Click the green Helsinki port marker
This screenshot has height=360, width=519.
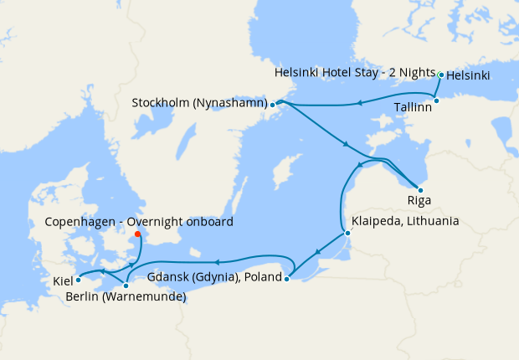coord(441,75)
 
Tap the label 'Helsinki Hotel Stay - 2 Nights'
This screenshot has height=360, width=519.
coord(356,74)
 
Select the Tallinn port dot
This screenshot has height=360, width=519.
coord(436,100)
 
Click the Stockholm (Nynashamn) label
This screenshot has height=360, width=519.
coord(199,104)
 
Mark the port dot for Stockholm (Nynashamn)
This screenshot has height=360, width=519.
coord(273,105)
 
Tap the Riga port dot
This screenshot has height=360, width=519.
coord(419,190)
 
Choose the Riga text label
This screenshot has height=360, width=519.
coord(419,201)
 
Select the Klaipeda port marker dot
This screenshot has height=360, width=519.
coord(347,233)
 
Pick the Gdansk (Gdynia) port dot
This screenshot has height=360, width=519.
coord(287,280)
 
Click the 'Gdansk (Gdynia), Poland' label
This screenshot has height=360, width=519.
coord(215,276)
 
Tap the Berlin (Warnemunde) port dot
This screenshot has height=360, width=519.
coord(126,286)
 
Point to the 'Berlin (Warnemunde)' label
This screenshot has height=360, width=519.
coord(126,297)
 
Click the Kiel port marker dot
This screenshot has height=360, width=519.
coord(78,280)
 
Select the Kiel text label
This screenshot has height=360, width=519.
coord(63,281)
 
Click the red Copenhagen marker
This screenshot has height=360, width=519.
coord(137,234)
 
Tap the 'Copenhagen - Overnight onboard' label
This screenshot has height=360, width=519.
coord(139,222)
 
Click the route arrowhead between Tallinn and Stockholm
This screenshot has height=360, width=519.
coord(357,103)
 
